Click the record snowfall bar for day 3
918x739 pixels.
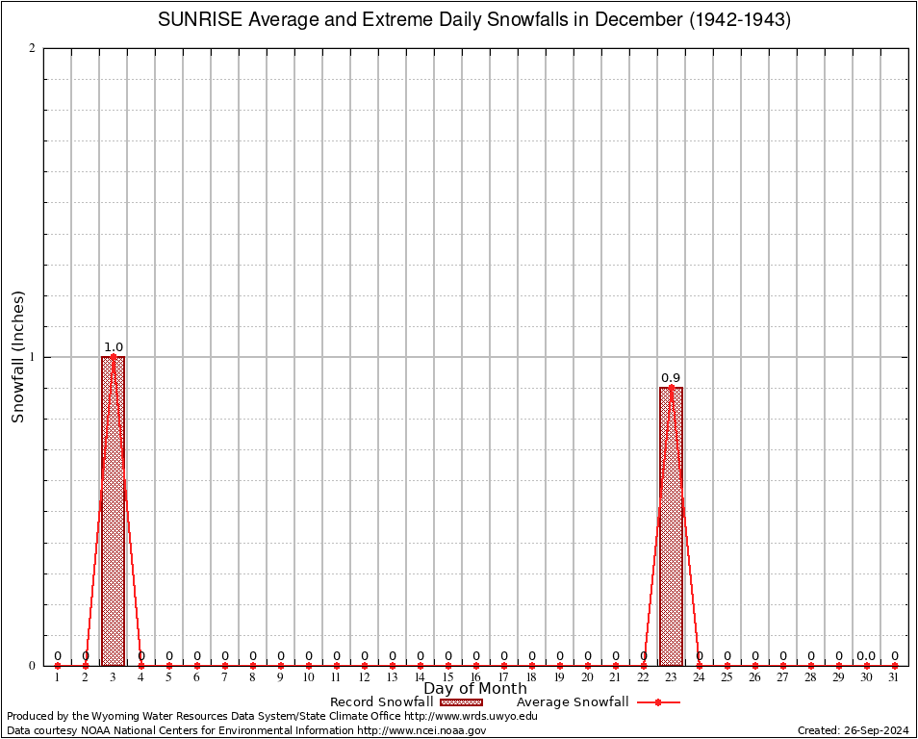[113, 511]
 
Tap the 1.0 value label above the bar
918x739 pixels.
[113, 347]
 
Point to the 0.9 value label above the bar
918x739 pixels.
[671, 378]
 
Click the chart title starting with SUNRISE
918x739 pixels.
[473, 20]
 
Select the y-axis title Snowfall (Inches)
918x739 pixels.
[17, 357]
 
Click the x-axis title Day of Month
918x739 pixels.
[475, 688]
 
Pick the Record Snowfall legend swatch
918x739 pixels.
[462, 702]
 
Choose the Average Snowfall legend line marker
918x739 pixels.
[657, 702]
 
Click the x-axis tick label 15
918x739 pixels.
[447, 678]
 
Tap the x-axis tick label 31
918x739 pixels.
[894, 678]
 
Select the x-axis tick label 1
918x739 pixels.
[57, 678]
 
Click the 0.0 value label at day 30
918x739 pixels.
[866, 656]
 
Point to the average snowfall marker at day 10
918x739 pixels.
[308, 665]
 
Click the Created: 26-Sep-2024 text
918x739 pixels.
[854, 730]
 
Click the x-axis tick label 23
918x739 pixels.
[671, 678]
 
